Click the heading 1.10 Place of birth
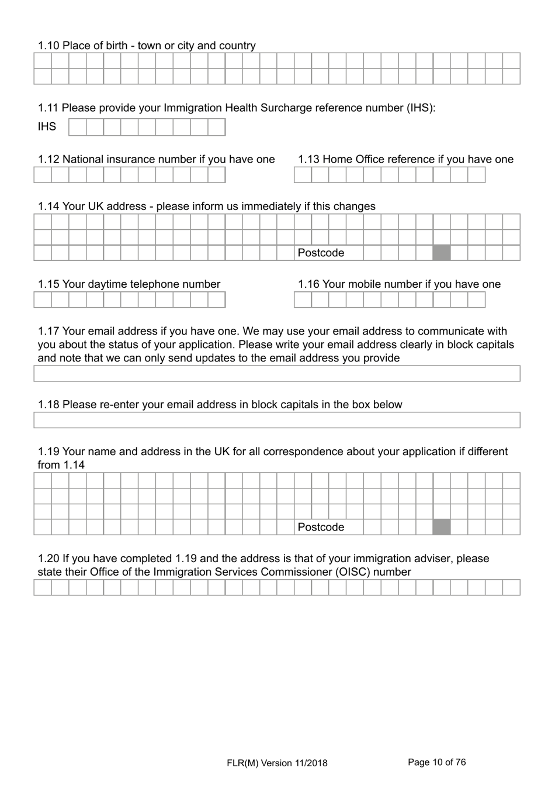[x=147, y=46]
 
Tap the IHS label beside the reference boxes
[x=47, y=127]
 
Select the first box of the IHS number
[x=77, y=127]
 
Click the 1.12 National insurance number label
[x=156, y=159]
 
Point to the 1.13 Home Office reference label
[x=405, y=159]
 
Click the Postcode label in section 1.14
[x=321, y=253]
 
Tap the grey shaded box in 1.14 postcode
[x=442, y=253]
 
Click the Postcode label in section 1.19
[x=321, y=527]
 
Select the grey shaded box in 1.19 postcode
[x=442, y=527]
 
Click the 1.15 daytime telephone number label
[x=129, y=284]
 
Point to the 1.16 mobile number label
[x=399, y=284]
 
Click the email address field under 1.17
[x=276, y=374]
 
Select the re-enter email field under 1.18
[x=276, y=420]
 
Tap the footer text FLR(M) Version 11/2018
[x=277, y=763]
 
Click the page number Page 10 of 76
[x=436, y=762]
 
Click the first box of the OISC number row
[x=43, y=587]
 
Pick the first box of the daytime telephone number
[x=43, y=299]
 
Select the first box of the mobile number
[x=303, y=299]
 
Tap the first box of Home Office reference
[x=303, y=175]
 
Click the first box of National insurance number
[x=43, y=175]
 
